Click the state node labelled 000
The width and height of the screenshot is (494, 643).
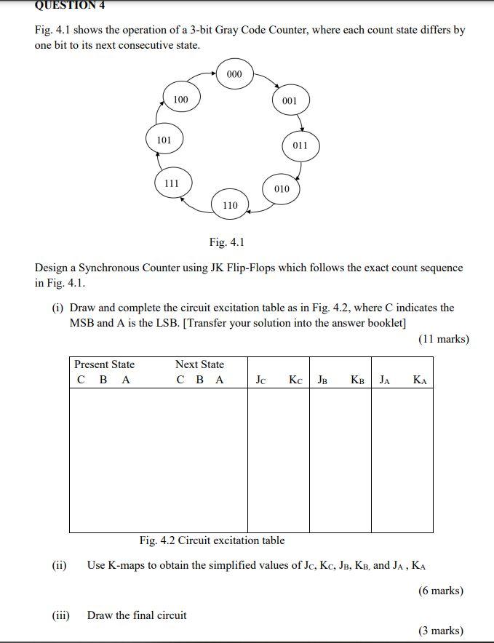pos(234,74)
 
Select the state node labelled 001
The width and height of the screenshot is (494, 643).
pos(290,100)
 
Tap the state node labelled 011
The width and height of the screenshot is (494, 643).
pos(300,145)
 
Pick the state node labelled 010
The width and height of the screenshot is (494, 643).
pos(282,189)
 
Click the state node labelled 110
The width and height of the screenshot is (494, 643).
pos(230,205)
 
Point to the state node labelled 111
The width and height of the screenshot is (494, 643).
pos(172,183)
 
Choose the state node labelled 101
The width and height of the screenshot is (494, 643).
pos(164,140)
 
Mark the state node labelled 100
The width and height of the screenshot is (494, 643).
pos(180,99)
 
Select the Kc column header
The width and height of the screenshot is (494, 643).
pos(295,380)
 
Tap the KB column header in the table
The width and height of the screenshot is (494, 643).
pos(357,380)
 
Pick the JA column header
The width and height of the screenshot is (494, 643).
pos(386,380)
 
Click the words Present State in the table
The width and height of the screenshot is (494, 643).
pos(104,364)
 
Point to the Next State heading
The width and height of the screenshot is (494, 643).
pos(199,364)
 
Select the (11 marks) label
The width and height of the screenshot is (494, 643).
pos(444,339)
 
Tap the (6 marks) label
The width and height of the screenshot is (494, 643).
pos(441,591)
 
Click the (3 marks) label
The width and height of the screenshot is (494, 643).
pos(441,630)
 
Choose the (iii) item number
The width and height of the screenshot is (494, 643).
pos(60,615)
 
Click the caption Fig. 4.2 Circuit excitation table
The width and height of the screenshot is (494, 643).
pos(212,540)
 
